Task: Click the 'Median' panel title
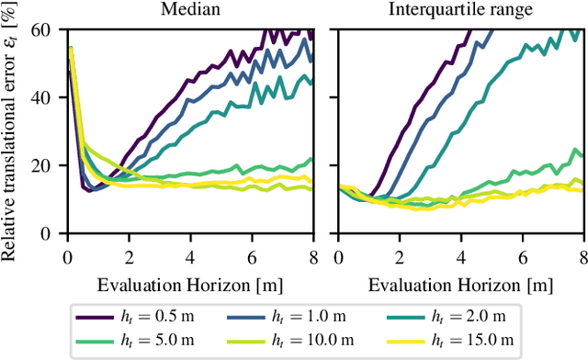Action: [190, 12]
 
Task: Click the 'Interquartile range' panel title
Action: [459, 12]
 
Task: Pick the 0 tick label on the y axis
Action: [55, 234]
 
